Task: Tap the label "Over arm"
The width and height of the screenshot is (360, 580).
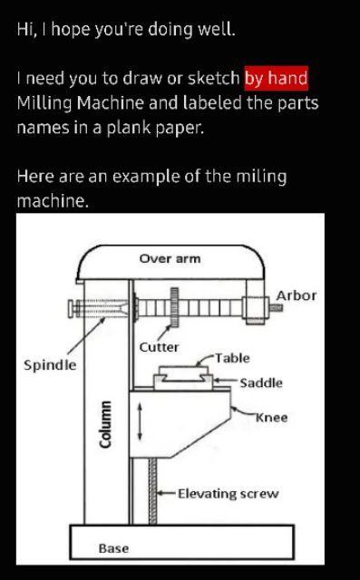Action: coord(170,259)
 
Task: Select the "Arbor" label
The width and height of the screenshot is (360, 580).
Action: coord(296,295)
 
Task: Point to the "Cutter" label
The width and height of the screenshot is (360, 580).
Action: coord(159,347)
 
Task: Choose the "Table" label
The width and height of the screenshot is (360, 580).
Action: coord(232,358)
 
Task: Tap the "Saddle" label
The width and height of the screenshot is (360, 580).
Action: coord(261,383)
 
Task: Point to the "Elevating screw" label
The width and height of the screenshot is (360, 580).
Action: coord(228,494)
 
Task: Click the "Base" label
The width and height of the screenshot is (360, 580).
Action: coord(113,548)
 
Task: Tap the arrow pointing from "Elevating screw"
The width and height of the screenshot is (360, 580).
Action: coord(167,494)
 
